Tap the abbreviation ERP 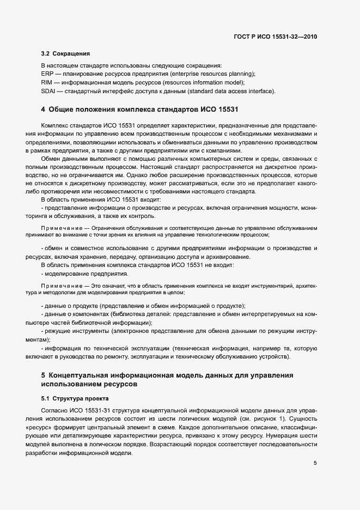(x=47, y=74)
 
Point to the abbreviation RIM (x=47, y=82)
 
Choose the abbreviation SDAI (x=49, y=91)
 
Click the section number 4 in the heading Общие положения (x=43, y=110)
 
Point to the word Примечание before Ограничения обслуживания (x=64, y=226)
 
